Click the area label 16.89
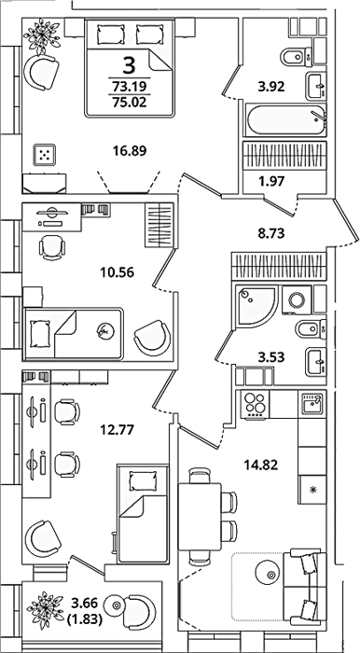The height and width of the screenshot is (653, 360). click(x=130, y=150)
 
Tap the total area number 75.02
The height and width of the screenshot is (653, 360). click(x=130, y=102)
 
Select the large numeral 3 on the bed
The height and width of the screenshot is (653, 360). click(x=130, y=65)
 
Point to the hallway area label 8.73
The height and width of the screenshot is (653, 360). click(x=270, y=233)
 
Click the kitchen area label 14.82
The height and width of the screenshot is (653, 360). click(x=260, y=465)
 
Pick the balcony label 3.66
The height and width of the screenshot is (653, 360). click(x=85, y=603)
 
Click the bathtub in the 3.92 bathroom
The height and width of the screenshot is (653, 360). click(x=285, y=120)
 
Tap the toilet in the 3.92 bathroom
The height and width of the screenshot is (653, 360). click(x=297, y=57)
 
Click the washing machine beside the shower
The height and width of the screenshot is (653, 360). click(x=298, y=299)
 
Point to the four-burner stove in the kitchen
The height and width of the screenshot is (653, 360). click(x=256, y=404)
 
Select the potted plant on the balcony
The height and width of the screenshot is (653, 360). click(x=45, y=609)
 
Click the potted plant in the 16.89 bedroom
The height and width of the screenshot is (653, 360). click(x=42, y=35)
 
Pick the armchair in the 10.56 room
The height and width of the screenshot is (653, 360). click(x=153, y=338)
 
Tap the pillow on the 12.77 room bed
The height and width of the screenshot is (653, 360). click(x=143, y=481)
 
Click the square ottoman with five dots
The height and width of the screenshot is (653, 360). click(x=44, y=155)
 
